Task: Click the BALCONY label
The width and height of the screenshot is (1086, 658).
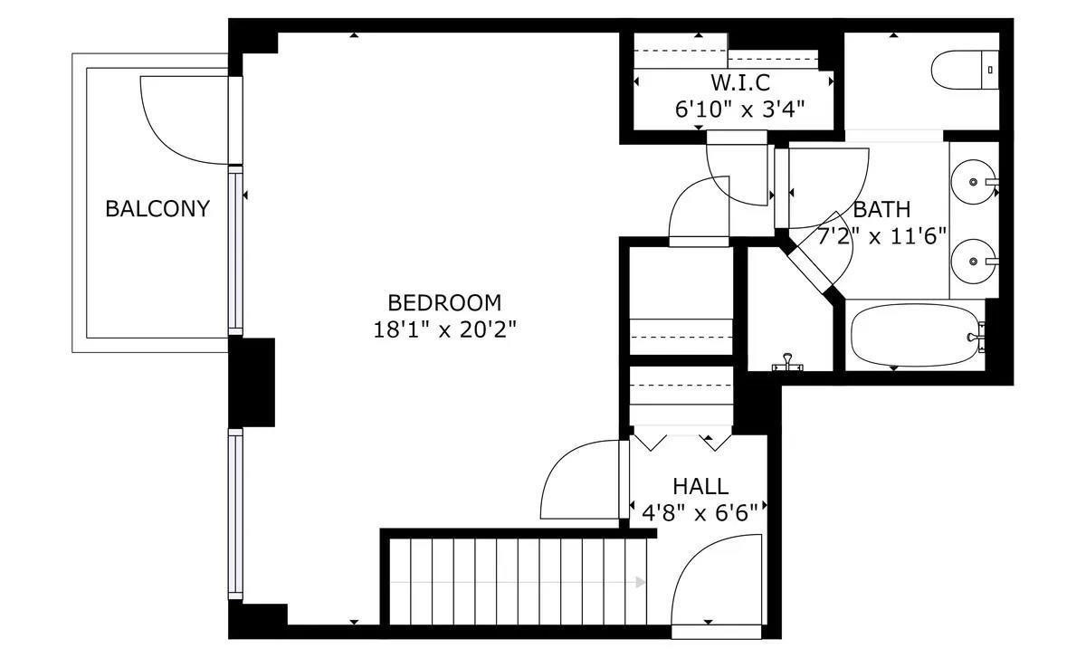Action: point(157,209)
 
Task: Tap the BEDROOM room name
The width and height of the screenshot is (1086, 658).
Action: point(443,302)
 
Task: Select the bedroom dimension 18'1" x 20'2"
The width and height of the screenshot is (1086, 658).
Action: point(443,329)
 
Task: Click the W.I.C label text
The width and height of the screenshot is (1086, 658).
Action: point(740,83)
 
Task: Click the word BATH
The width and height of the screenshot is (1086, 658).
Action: point(881,210)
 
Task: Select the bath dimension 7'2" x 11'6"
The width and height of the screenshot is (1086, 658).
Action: point(881,237)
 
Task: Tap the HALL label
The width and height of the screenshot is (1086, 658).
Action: point(700,487)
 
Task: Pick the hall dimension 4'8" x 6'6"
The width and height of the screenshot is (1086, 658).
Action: point(700,513)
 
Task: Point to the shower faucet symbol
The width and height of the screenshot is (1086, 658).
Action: point(787,364)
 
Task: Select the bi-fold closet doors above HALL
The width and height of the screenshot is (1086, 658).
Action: point(681,442)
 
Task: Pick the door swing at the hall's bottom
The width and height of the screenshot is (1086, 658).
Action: point(715,579)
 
